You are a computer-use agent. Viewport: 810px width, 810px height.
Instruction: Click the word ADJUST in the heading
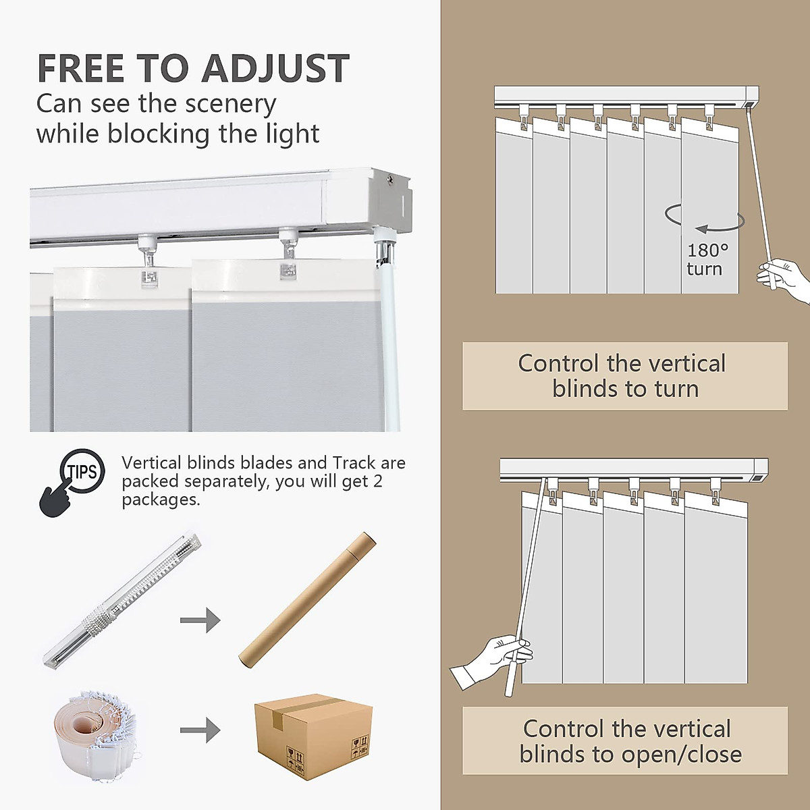[x=275, y=68]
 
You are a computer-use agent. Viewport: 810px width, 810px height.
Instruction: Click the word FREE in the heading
[x=82, y=68]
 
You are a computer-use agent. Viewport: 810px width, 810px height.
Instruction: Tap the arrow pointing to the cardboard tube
[x=200, y=620]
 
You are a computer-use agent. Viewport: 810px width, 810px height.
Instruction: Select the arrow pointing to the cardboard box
[x=200, y=730]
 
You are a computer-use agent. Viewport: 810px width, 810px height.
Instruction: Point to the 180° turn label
[x=706, y=260]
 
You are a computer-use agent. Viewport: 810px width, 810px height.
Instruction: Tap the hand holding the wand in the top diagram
[x=784, y=277]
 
